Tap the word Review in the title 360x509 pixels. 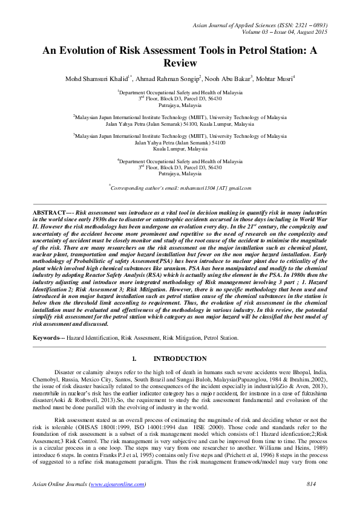tap(180, 63)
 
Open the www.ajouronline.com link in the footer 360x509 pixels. tap(117, 485)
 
